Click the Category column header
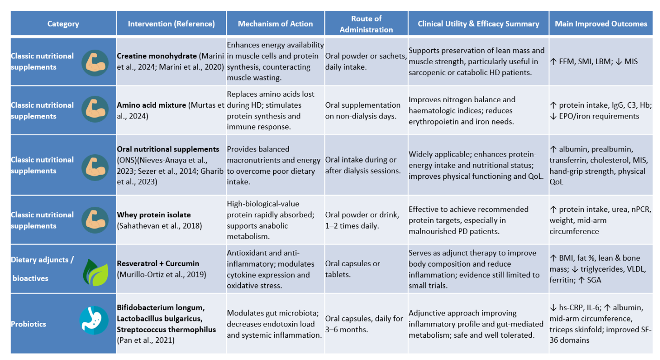pyautogui.click(x=63, y=24)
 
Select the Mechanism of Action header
pyautogui.click(x=275, y=24)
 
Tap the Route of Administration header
pyautogui.click(x=366, y=24)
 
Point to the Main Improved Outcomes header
pyautogui.click(x=601, y=24)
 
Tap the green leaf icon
pyautogui.click(x=96, y=272)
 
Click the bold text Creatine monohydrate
pyautogui.click(x=157, y=56)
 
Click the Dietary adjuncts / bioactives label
pyautogui.click(x=42, y=269)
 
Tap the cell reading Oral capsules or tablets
pyautogui.click(x=353, y=269)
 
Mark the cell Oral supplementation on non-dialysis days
pyautogui.click(x=363, y=111)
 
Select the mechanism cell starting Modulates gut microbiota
pyautogui.click(x=275, y=324)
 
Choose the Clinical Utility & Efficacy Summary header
pyautogui.click(x=478, y=24)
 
